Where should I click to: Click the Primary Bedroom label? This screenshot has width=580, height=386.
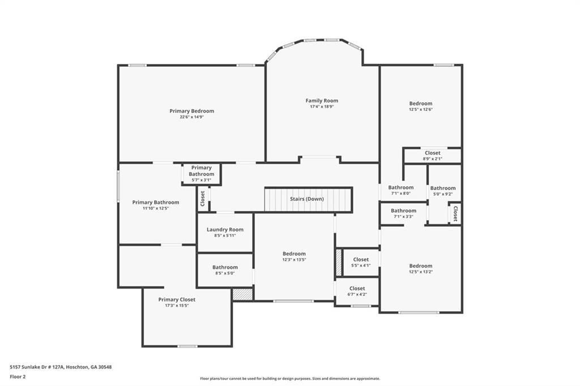[x=191, y=111]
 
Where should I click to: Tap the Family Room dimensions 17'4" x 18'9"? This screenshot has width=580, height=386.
[x=322, y=106]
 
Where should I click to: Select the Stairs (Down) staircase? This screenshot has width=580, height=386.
[x=308, y=200]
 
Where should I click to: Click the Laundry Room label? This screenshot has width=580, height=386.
[x=225, y=229]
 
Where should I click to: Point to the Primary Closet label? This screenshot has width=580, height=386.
[x=177, y=299]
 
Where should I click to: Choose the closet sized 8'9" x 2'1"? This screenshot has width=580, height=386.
[x=432, y=156]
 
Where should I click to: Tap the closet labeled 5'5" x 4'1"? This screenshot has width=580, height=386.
[x=361, y=263]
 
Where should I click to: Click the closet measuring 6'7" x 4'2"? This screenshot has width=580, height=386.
[x=357, y=291]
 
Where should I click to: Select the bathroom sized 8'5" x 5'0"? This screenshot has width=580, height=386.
[x=225, y=270]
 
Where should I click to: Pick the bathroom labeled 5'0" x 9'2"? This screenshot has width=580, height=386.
[x=442, y=191]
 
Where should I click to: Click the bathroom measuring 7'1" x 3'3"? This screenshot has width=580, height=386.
[x=403, y=213]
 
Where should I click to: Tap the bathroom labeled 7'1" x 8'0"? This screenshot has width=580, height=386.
[x=400, y=190]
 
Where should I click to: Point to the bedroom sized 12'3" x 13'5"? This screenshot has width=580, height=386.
[x=294, y=257]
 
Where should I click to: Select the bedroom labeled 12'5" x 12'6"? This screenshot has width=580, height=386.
[x=421, y=106]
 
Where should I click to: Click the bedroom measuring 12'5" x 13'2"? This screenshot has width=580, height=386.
[x=421, y=269]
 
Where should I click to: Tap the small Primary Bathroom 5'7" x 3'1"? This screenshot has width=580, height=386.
[x=201, y=174]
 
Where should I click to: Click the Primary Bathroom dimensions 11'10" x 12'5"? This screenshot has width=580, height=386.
[x=156, y=208]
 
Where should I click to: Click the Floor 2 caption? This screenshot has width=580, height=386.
[x=18, y=376]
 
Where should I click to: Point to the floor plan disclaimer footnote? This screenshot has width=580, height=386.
[x=290, y=379]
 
